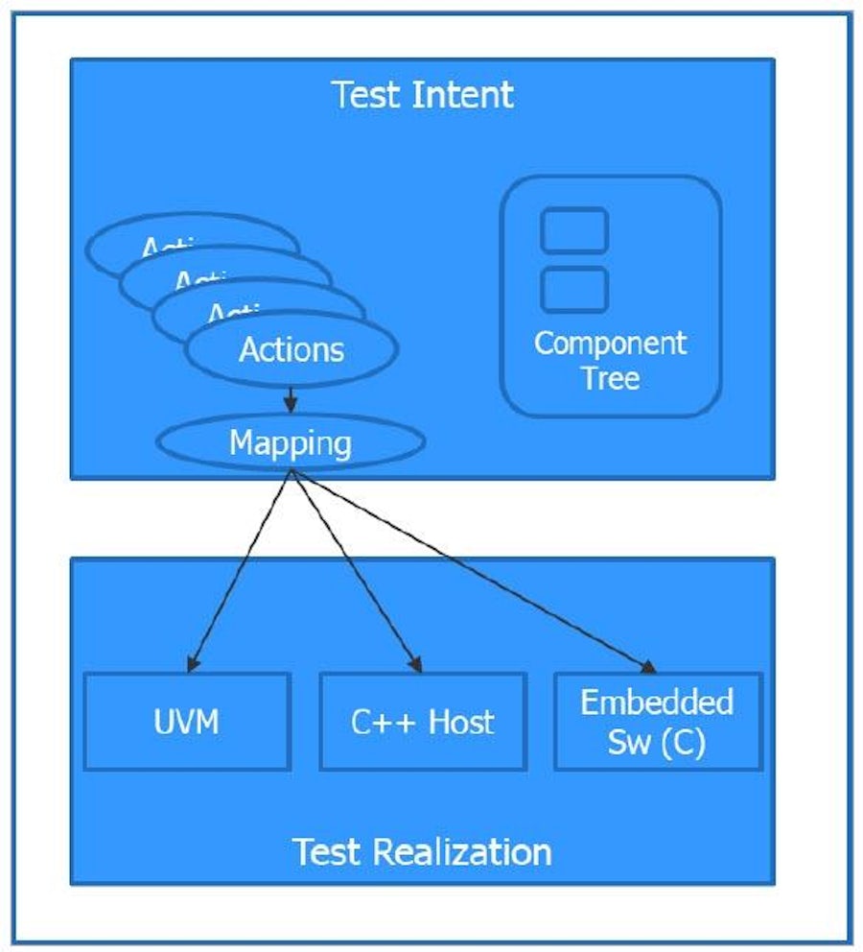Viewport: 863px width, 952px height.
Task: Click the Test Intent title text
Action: pos(422,95)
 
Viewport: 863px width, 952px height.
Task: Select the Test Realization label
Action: pos(422,851)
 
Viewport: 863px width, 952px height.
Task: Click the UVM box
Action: pos(187,721)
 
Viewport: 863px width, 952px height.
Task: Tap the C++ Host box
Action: pos(422,721)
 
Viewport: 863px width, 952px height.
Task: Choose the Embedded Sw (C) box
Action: pos(658,721)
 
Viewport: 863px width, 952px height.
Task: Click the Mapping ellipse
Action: pos(290,443)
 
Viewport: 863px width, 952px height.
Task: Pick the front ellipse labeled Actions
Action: pos(291,349)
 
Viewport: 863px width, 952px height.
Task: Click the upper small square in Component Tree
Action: pos(574,230)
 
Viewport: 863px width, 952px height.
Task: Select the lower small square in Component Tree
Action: pos(574,289)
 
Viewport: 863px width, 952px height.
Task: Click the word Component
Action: pos(610,344)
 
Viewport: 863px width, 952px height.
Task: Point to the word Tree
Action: pos(610,377)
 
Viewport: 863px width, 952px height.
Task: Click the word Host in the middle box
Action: pos(460,721)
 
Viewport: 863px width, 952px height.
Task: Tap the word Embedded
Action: pos(658,702)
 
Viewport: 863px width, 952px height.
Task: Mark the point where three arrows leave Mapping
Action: pos(291,471)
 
